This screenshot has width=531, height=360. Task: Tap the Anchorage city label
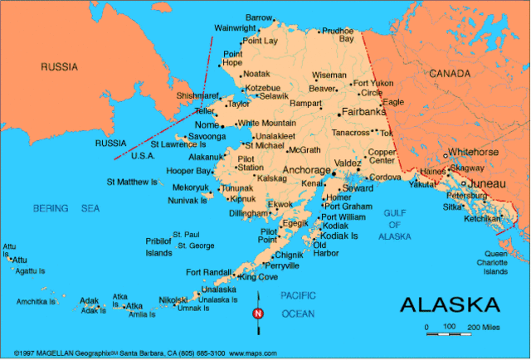pos(307,169)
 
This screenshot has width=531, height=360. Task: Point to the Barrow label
pos(259,17)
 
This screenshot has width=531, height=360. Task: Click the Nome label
pos(206,125)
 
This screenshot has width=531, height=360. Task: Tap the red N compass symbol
pos(257,314)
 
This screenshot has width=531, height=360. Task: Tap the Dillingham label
pos(248,213)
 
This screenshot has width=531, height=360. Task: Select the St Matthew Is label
pos(132,181)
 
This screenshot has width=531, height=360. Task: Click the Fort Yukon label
pos(373,83)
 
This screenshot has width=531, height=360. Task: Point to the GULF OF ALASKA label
pos(395,225)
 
